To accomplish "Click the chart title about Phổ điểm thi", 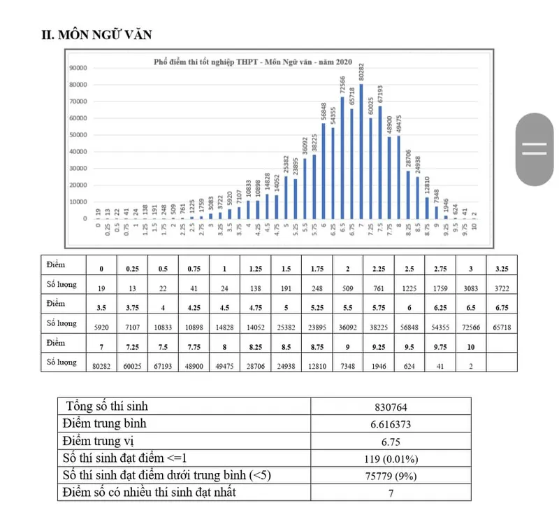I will tap(253, 62).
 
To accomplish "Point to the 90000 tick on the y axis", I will tap(78, 68).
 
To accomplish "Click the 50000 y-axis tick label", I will tap(78, 135).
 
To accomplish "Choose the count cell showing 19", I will tap(102, 287).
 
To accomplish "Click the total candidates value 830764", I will tap(389, 407).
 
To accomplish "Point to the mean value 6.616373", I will tap(389, 424).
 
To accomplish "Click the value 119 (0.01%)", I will tap(389, 458).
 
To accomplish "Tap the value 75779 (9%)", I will tap(389, 476).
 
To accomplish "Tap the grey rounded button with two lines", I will tap(535, 149).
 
